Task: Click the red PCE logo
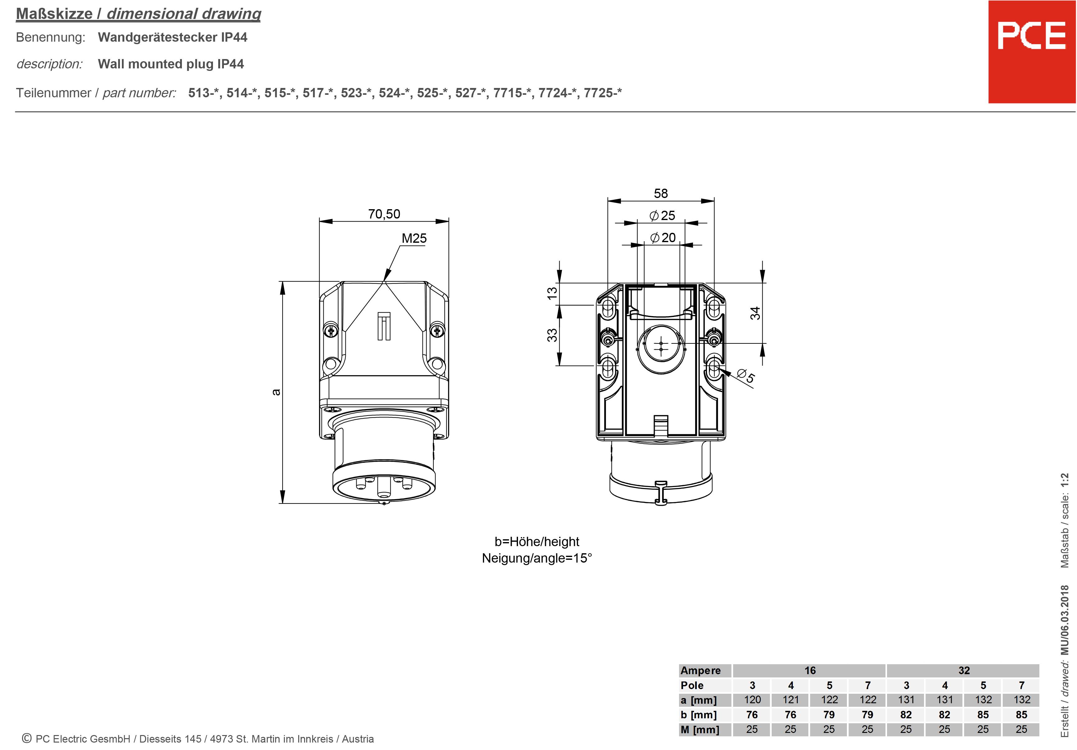[x=1032, y=52]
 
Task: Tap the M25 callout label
[x=414, y=238]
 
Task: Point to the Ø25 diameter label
[x=662, y=215]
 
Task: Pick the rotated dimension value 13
[x=552, y=293]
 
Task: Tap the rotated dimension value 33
[x=552, y=335]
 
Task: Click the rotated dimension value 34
[x=755, y=313]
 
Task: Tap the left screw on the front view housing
[x=331, y=331]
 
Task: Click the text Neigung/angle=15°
[x=537, y=558]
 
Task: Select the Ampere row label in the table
[x=700, y=670]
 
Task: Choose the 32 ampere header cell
[x=964, y=670]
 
